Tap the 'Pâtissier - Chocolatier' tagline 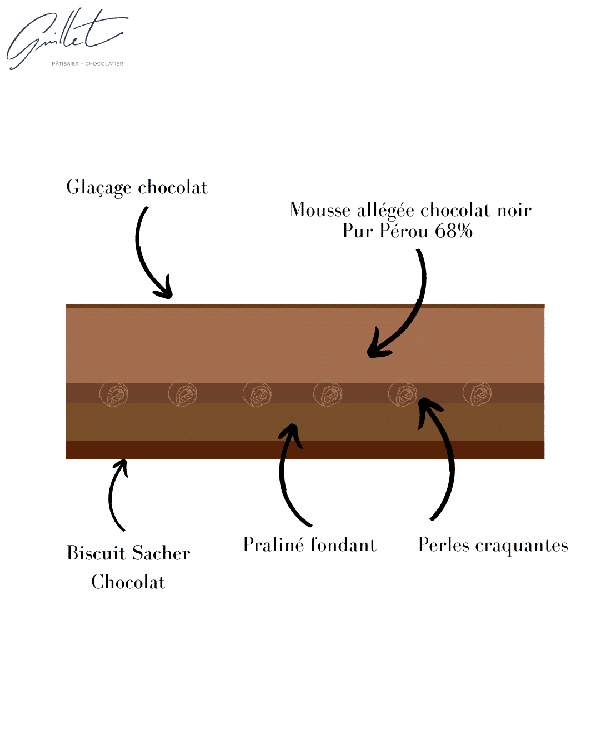(x=87, y=64)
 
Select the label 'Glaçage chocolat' (x=137, y=187)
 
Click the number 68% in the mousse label (x=453, y=231)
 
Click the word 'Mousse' (x=320, y=210)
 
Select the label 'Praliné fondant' (x=309, y=545)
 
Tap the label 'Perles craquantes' (x=493, y=545)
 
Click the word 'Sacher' (x=161, y=553)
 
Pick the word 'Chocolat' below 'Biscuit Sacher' (x=128, y=582)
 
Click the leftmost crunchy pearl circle (x=114, y=393)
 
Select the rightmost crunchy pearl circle (x=477, y=393)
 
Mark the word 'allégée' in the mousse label (x=385, y=210)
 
